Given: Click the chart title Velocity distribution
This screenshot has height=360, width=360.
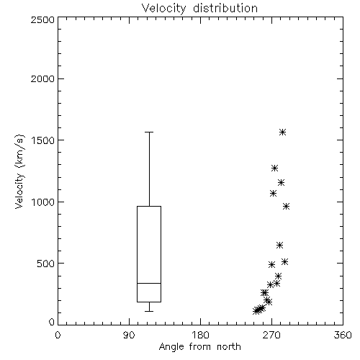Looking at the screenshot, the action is click(199, 8).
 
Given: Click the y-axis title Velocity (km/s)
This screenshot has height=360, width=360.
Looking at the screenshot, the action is click(19, 171).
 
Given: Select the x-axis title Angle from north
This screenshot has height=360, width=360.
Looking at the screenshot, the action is click(199, 347).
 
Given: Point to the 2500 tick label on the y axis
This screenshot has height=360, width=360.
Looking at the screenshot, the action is click(42, 19).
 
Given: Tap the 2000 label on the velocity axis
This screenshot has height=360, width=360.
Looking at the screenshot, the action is click(42, 78).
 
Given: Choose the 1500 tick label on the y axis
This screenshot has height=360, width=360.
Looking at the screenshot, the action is click(43, 140).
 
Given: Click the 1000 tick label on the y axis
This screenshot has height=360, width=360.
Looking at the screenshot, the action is click(43, 202).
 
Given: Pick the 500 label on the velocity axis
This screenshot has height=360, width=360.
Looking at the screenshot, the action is click(45, 264).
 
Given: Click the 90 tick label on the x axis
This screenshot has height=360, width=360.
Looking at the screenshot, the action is click(129, 335).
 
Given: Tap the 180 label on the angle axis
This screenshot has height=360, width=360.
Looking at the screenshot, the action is click(200, 335).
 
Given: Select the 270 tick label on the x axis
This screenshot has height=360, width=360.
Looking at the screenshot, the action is click(271, 335).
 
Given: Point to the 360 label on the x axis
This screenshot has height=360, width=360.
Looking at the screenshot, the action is click(343, 335).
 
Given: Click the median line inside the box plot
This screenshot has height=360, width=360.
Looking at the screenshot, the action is click(149, 283).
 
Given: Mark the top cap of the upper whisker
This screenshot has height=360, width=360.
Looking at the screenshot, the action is click(149, 132).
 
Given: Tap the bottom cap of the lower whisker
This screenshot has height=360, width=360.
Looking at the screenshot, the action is click(149, 311).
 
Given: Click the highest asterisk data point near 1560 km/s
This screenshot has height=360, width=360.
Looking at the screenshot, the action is click(282, 132).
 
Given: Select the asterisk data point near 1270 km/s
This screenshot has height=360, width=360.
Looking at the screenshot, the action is click(274, 168).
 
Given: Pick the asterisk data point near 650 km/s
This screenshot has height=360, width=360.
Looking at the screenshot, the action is click(279, 245).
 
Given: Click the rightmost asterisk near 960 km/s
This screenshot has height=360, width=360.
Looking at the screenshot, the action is click(286, 206).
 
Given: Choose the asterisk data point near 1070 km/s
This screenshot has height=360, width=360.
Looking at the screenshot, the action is click(273, 193).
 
